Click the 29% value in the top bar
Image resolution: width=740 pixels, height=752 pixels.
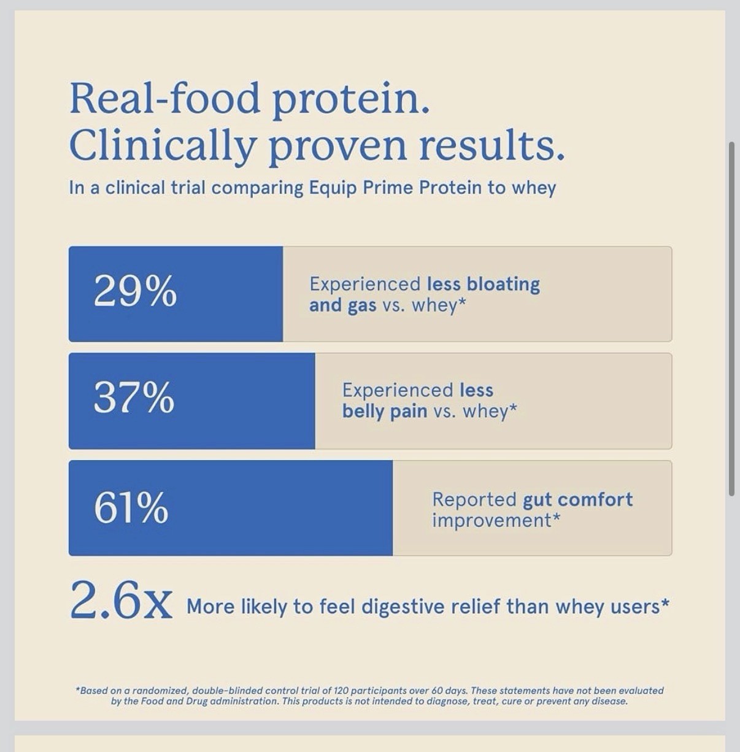[135, 291]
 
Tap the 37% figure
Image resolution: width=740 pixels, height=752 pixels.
[134, 397]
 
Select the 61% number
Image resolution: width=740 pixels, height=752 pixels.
[131, 508]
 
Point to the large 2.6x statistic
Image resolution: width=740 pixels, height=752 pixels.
[121, 600]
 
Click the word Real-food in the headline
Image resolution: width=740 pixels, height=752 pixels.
[164, 98]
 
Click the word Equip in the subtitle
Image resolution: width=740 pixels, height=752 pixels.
[333, 188]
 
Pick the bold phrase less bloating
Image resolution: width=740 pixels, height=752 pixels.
[484, 284]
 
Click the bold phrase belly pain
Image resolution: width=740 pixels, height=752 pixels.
[385, 412]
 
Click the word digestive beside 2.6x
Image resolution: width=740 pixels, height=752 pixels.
[403, 607]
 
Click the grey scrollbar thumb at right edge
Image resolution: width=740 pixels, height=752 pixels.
[731, 319]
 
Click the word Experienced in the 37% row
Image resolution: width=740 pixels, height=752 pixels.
[398, 391]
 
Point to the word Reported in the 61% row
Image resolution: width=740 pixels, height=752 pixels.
[474, 500]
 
